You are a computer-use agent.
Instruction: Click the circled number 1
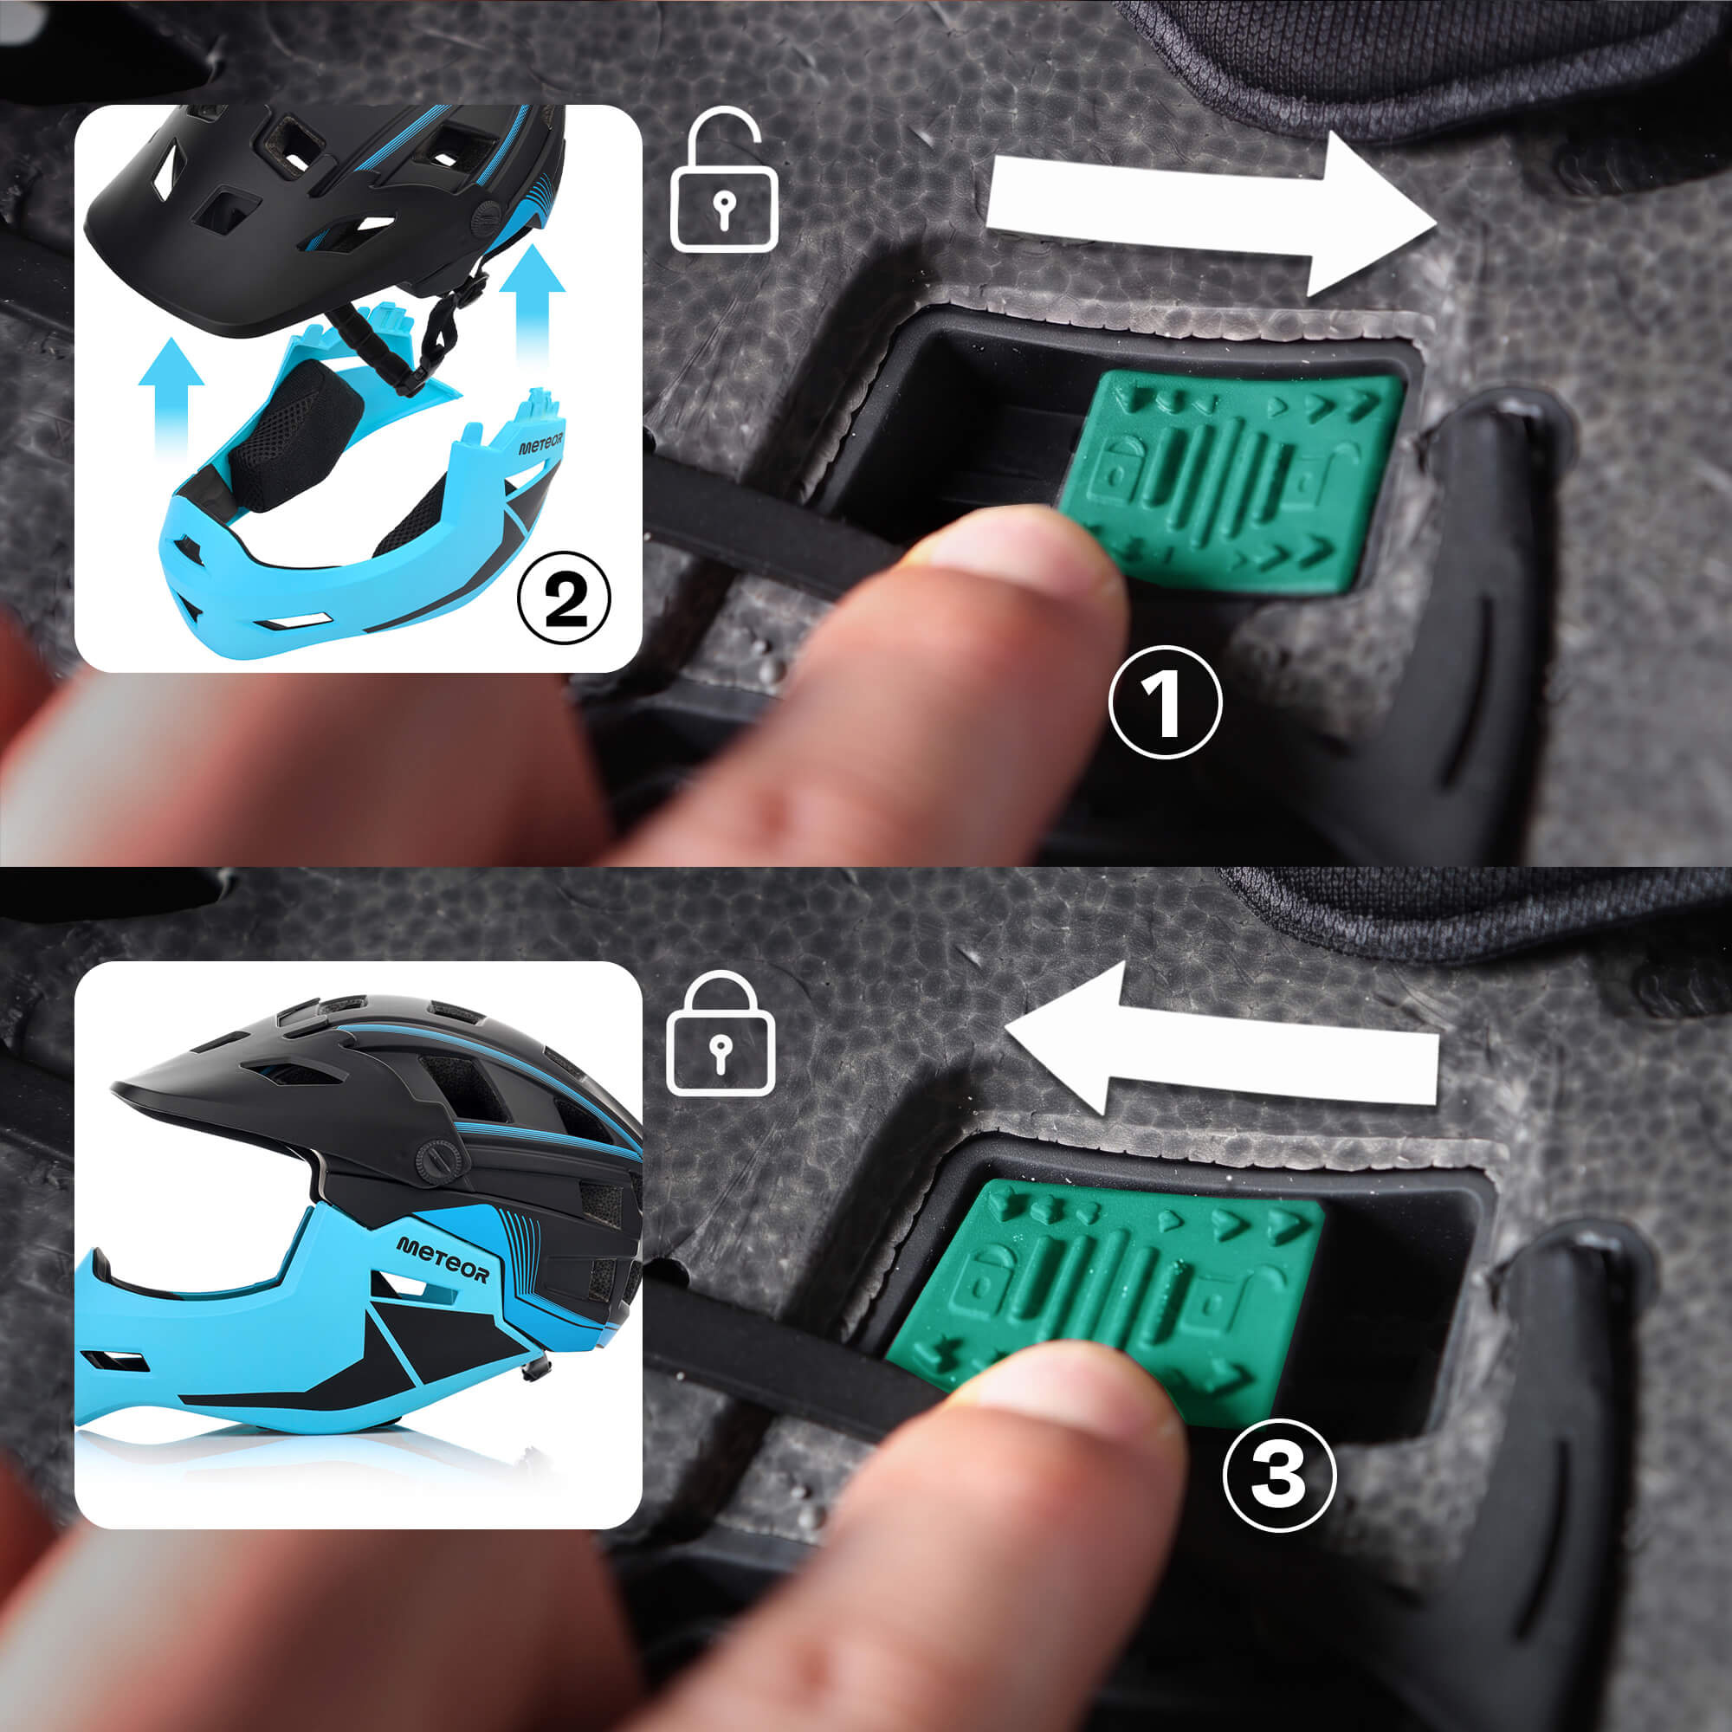pyautogui.click(x=1166, y=702)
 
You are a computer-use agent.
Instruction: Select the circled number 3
pyautogui.click(x=1279, y=1473)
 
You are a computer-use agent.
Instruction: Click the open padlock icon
pyautogui.click(x=724, y=178)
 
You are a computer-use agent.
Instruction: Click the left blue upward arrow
pyautogui.click(x=171, y=394)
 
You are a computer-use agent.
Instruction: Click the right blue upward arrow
pyautogui.click(x=532, y=305)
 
